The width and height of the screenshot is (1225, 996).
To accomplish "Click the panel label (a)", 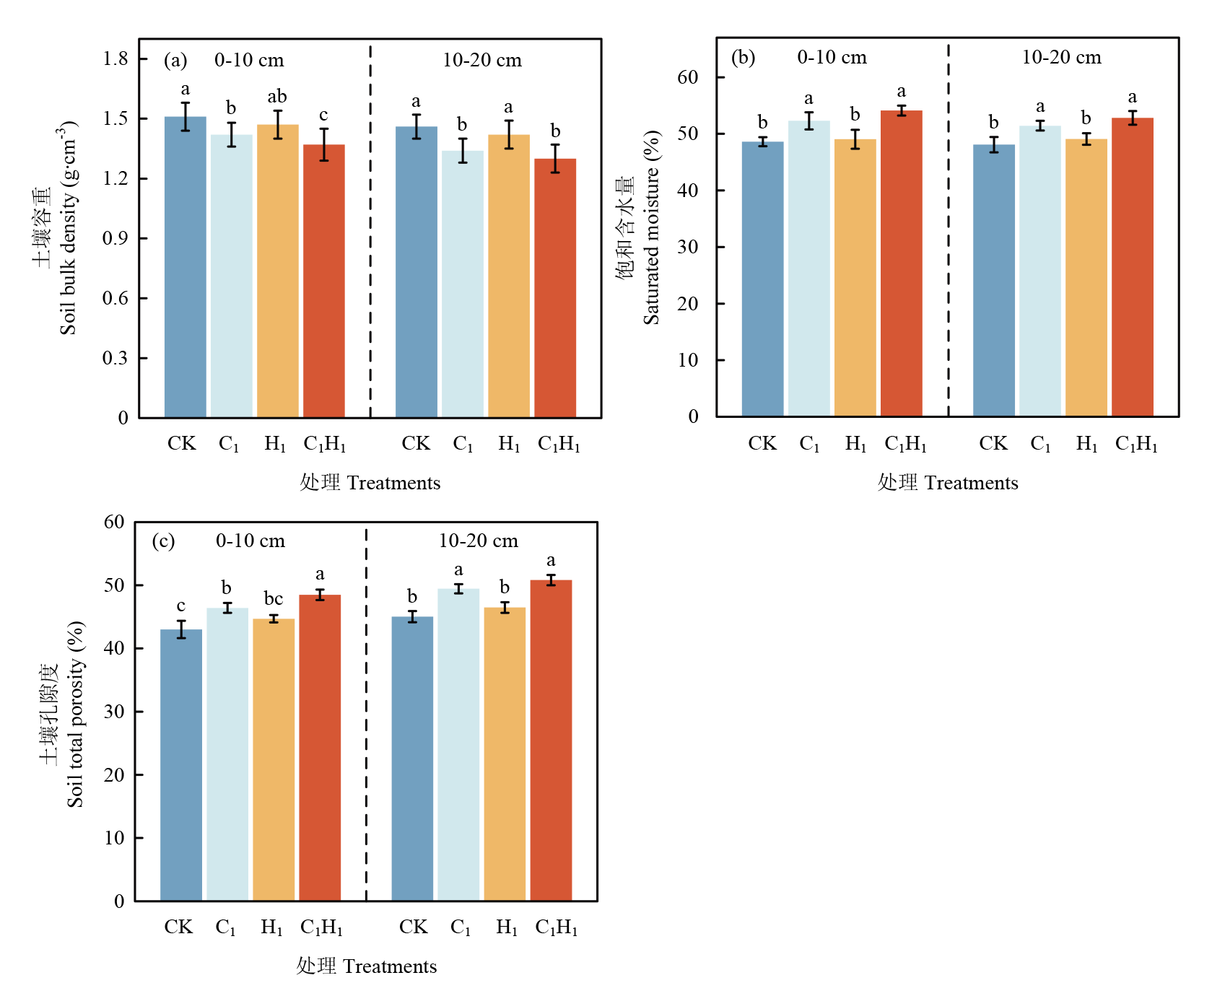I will click(x=175, y=60).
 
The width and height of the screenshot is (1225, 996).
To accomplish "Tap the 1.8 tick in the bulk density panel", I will click(x=115, y=58).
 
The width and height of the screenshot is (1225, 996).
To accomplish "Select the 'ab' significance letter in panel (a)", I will click(x=277, y=97).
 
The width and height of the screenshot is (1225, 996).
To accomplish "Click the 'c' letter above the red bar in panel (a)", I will click(x=323, y=115).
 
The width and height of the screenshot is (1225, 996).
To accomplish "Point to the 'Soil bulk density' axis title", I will click(x=68, y=227).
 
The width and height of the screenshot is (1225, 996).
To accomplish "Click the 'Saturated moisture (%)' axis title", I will click(x=651, y=227).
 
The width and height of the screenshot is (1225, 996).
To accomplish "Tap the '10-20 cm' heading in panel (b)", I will click(x=1061, y=58).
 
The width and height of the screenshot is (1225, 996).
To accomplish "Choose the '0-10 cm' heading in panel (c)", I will click(x=250, y=541).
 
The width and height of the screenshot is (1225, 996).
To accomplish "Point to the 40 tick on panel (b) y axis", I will click(x=688, y=191).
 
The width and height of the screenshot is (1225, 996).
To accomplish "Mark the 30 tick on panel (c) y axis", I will click(x=114, y=712).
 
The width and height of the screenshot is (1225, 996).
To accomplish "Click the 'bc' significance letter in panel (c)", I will click(x=274, y=599).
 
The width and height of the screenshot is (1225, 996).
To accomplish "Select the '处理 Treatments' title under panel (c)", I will click(x=367, y=966).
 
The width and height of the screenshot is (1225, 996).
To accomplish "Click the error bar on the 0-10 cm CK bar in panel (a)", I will click(x=186, y=116).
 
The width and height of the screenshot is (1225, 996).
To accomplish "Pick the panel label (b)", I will click(x=743, y=58).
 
